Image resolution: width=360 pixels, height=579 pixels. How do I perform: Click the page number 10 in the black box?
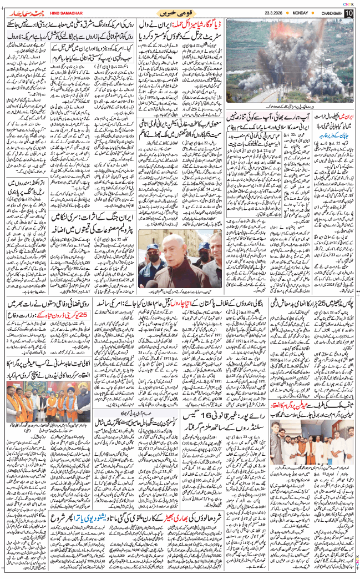click(349, 13)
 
